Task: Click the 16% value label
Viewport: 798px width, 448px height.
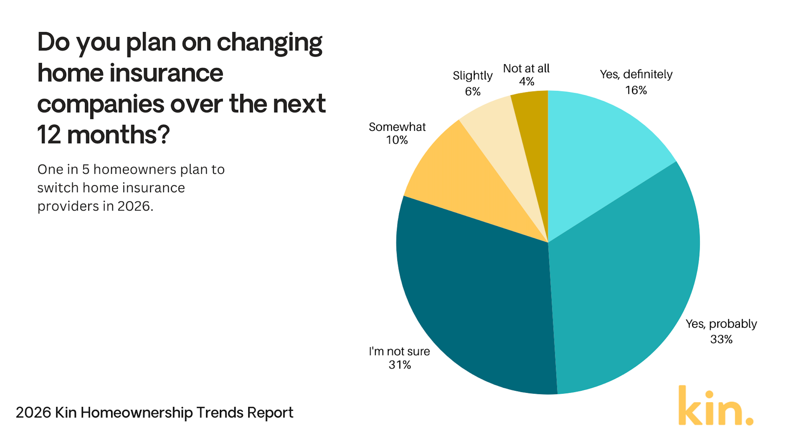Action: click(636, 90)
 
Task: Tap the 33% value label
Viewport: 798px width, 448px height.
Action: click(721, 339)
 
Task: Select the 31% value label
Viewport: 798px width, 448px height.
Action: click(400, 365)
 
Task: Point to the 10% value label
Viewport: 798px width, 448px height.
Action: click(397, 140)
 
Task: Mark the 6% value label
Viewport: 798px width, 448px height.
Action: click(473, 92)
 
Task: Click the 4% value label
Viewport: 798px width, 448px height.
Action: click(526, 81)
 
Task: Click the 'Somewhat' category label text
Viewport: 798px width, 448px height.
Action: click(397, 127)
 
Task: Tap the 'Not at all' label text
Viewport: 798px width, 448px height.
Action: click(526, 68)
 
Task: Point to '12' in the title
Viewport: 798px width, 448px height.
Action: click(49, 135)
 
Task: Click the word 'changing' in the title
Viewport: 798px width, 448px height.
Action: click(270, 43)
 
